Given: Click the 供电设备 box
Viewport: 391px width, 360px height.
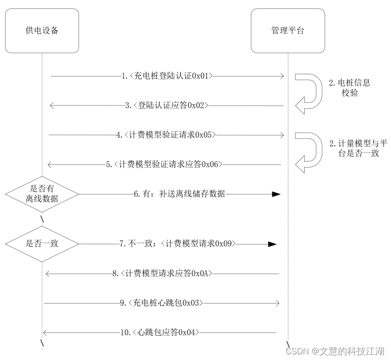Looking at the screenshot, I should [42, 31].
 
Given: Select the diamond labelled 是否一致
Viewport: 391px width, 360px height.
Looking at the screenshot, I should [42, 243].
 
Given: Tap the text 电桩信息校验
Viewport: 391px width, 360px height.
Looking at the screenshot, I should [349, 88].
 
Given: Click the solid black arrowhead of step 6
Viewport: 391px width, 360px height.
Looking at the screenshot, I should [276, 194].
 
